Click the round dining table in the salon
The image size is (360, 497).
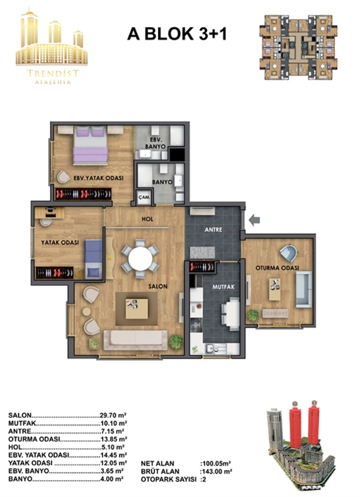point(140,259)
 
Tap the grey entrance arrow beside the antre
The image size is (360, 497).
point(254,220)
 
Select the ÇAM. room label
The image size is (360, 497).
point(144,197)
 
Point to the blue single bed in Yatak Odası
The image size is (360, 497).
point(94,259)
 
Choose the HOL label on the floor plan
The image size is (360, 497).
point(147,219)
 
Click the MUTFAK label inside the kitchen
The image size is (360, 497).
point(223,286)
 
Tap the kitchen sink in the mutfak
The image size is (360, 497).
point(215,349)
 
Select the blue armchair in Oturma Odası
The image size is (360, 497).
point(289,254)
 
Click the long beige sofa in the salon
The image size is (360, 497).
point(135,340)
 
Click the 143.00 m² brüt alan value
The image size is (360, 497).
point(217,471)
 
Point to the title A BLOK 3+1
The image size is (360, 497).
point(177,34)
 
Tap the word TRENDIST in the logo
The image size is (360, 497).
point(53,73)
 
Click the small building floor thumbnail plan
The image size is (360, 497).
point(298,47)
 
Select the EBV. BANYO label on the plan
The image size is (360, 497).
point(155,143)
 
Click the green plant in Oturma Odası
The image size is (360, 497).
point(253,315)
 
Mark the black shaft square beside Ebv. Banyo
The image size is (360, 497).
point(177,155)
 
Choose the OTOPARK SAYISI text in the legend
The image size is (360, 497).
point(169,479)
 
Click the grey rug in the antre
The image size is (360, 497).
point(203,253)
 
